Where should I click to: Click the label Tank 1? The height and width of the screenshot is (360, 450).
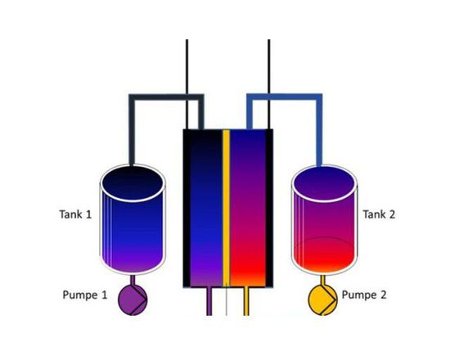[75, 214]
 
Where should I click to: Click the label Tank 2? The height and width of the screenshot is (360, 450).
[379, 214]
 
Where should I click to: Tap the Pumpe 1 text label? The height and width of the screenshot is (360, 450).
[84, 295]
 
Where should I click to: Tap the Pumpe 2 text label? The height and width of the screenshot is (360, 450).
[364, 295]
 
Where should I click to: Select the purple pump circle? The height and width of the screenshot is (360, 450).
[133, 299]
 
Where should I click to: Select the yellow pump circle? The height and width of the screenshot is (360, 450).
[322, 299]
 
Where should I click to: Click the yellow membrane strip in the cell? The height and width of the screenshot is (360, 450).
[226, 208]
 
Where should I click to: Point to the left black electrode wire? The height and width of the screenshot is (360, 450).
[187, 84]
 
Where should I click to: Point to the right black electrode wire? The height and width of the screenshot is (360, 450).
[269, 84]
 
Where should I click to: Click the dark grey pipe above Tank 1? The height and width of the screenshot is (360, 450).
[166, 97]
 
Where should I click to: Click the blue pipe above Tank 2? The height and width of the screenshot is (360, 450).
[285, 97]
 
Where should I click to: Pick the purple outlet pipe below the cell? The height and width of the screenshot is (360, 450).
[209, 301]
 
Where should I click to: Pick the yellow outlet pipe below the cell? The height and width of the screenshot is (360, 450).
[246, 301]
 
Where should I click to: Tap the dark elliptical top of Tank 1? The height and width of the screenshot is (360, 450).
[133, 183]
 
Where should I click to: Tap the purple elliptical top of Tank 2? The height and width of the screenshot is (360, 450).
[325, 184]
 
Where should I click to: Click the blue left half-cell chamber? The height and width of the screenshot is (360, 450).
[206, 208]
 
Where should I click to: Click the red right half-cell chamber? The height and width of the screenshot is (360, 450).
[247, 208]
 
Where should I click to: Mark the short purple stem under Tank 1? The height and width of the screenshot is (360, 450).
[133, 280]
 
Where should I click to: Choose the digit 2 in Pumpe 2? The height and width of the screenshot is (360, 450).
[383, 295]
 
